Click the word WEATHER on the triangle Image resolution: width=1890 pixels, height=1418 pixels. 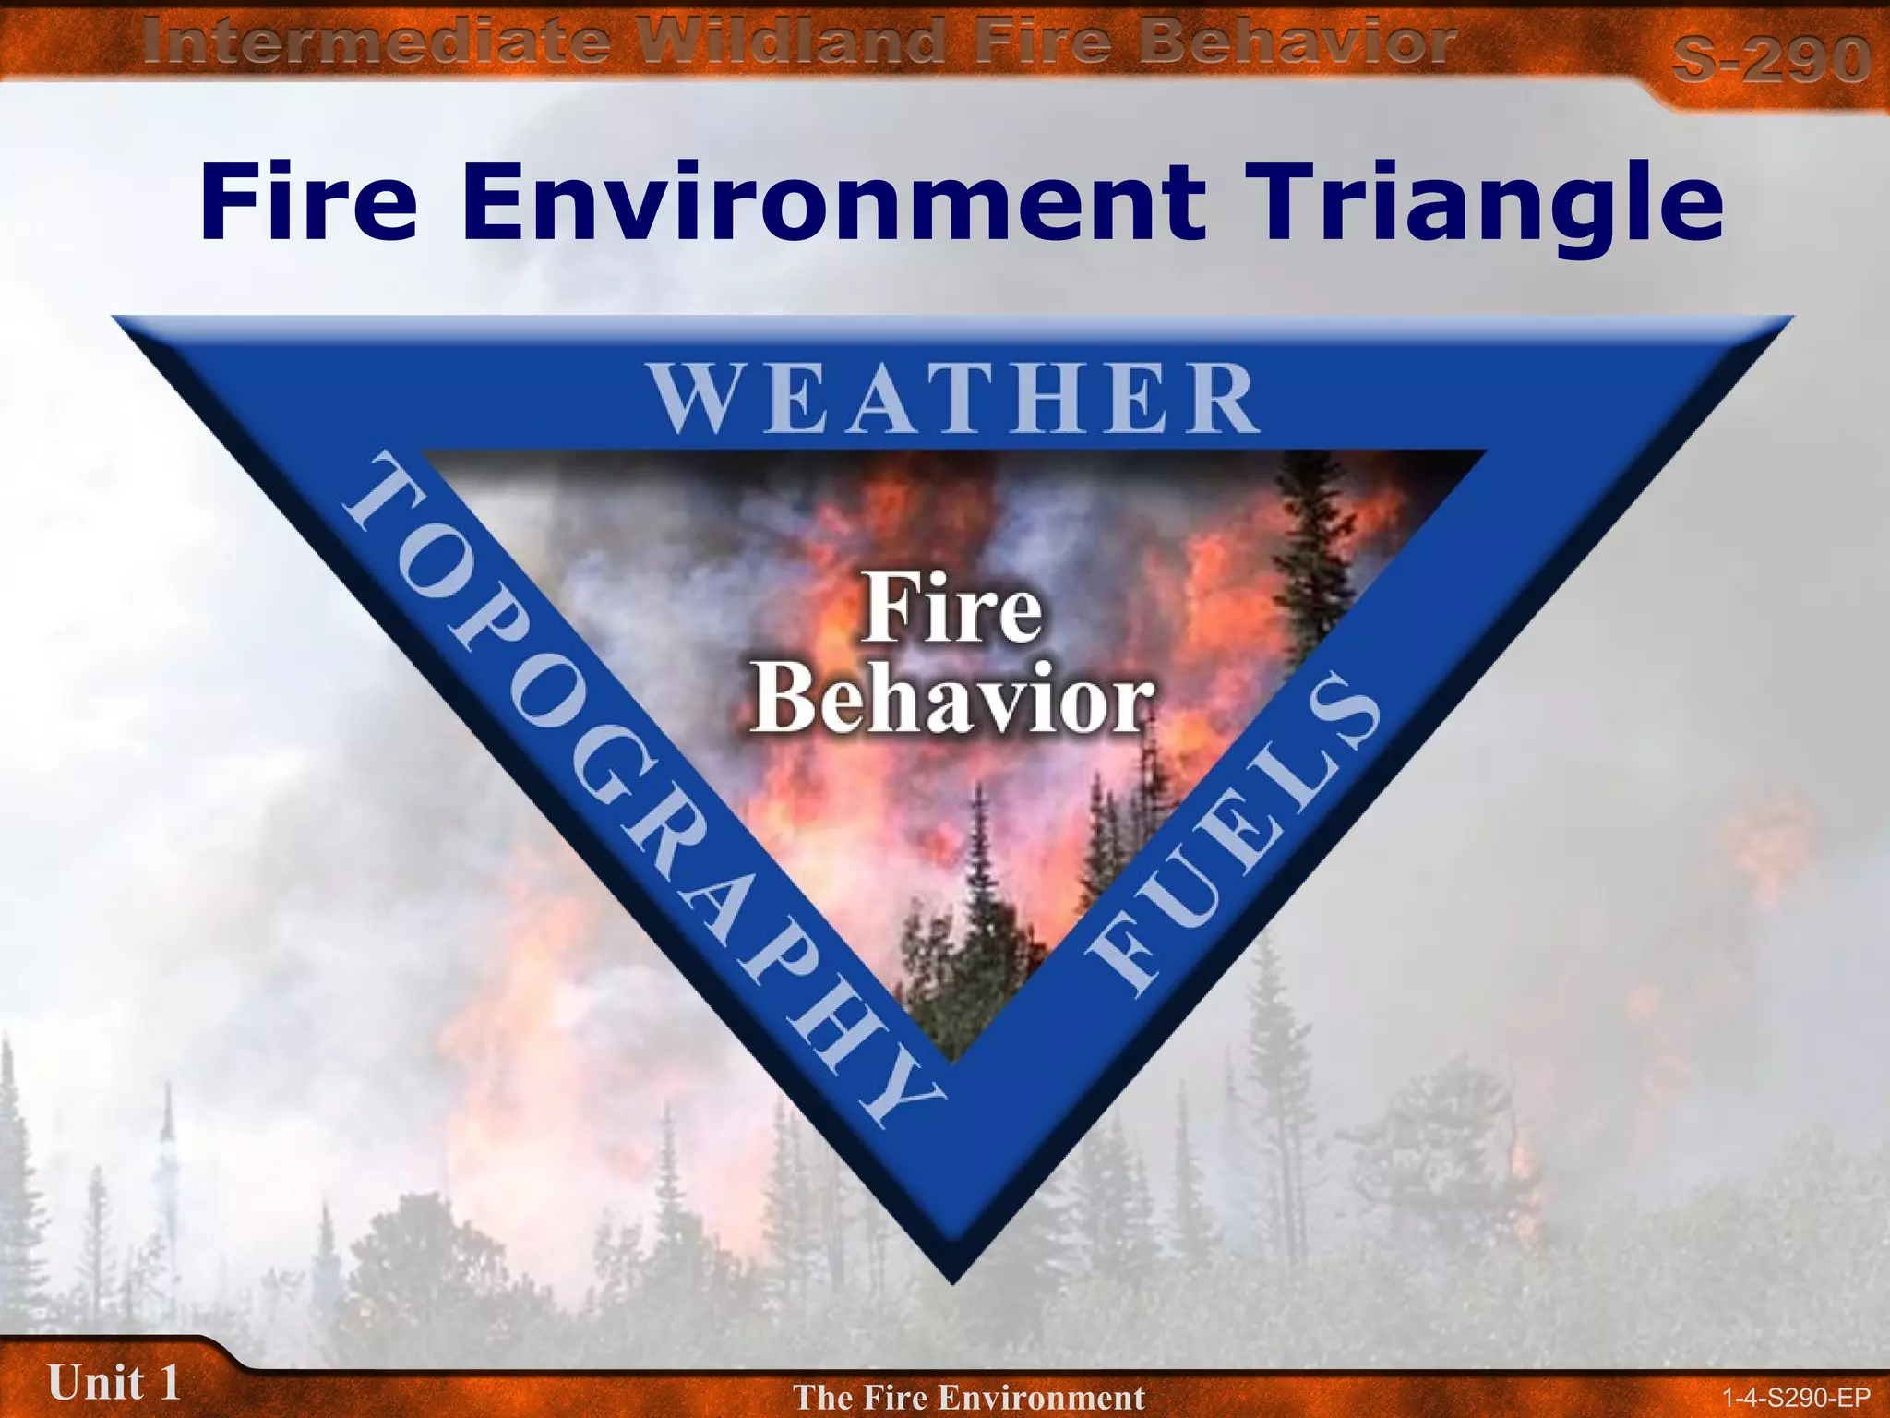point(954,399)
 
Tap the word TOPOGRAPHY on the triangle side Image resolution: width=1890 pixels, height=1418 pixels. point(637,785)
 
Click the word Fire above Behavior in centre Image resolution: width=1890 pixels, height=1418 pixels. point(952,609)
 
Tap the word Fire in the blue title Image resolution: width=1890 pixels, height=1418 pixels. point(308,202)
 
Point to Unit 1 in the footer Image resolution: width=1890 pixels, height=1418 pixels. point(113,1381)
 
